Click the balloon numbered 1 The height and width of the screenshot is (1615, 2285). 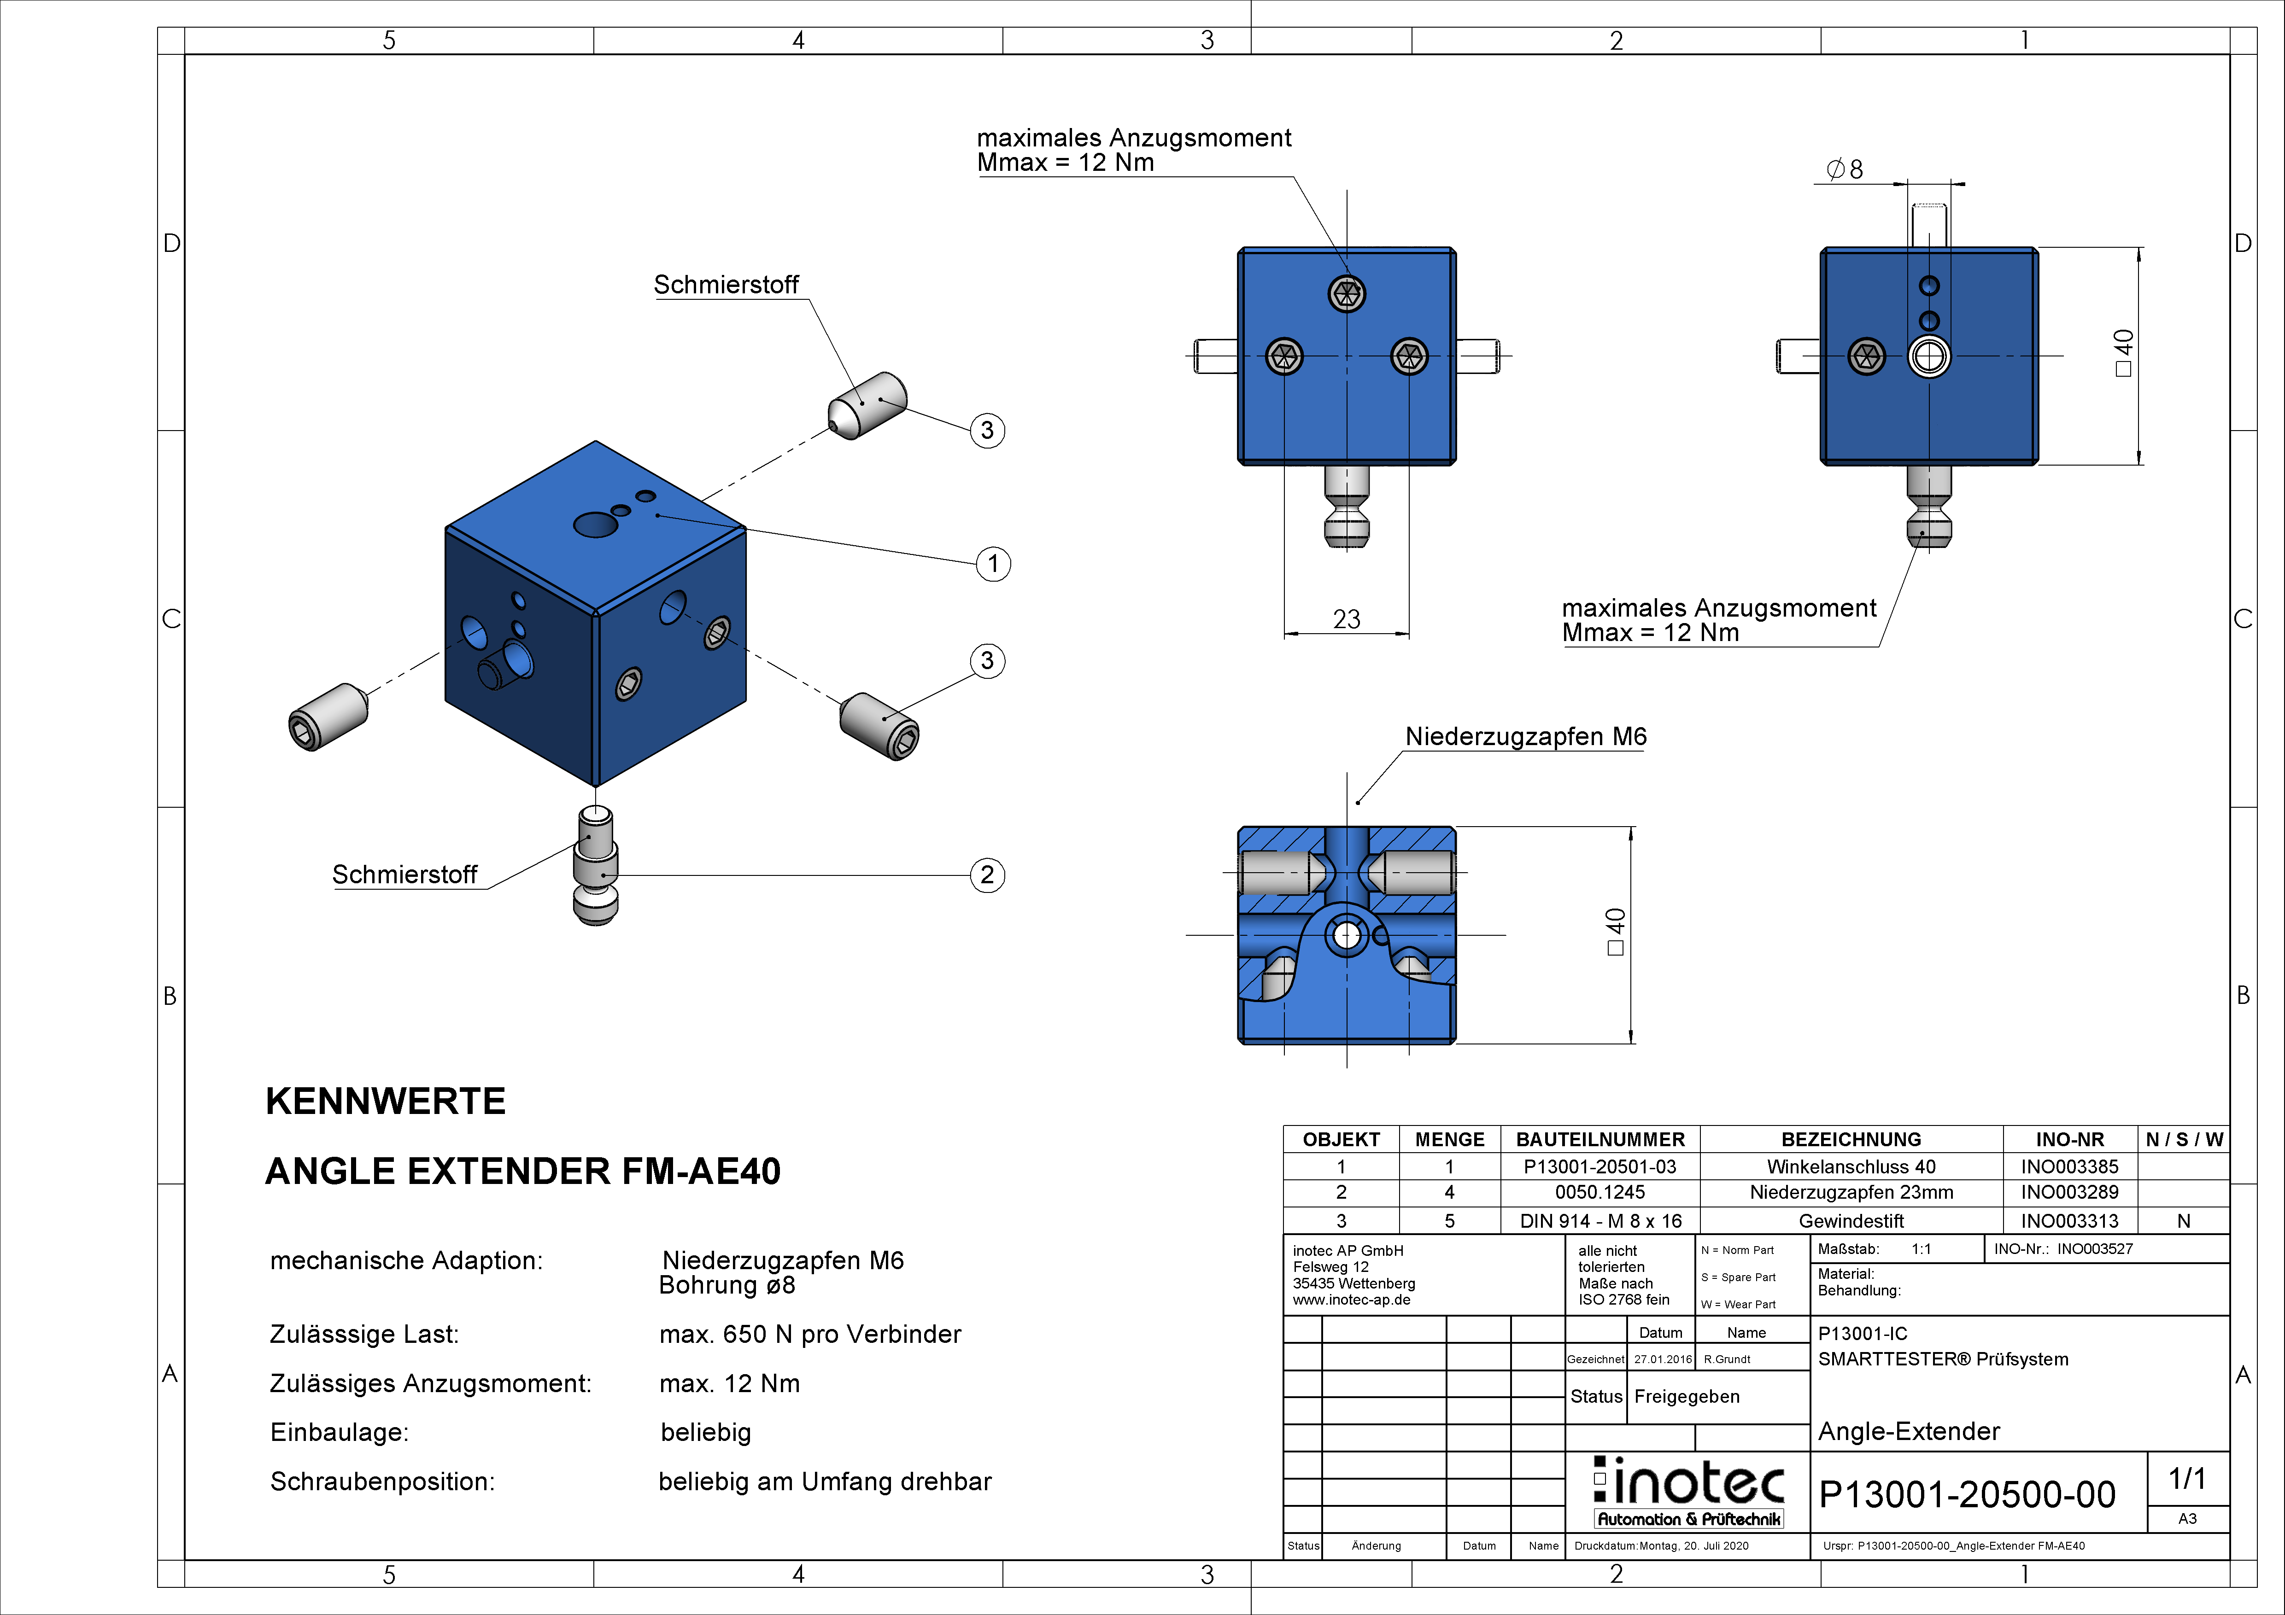(992, 564)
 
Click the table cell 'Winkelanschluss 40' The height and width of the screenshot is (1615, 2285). (1851, 1166)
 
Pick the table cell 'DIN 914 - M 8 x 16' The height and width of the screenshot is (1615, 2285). (1600, 1221)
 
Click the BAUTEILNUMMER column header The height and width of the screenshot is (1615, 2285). (1600, 1139)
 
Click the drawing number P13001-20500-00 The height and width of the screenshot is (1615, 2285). (1967, 1495)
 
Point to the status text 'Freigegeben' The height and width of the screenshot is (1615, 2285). (1687, 1396)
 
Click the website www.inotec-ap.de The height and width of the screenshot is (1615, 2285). (1352, 1300)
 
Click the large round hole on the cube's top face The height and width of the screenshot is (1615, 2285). (595, 525)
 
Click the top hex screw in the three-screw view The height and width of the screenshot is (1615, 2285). (1347, 292)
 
